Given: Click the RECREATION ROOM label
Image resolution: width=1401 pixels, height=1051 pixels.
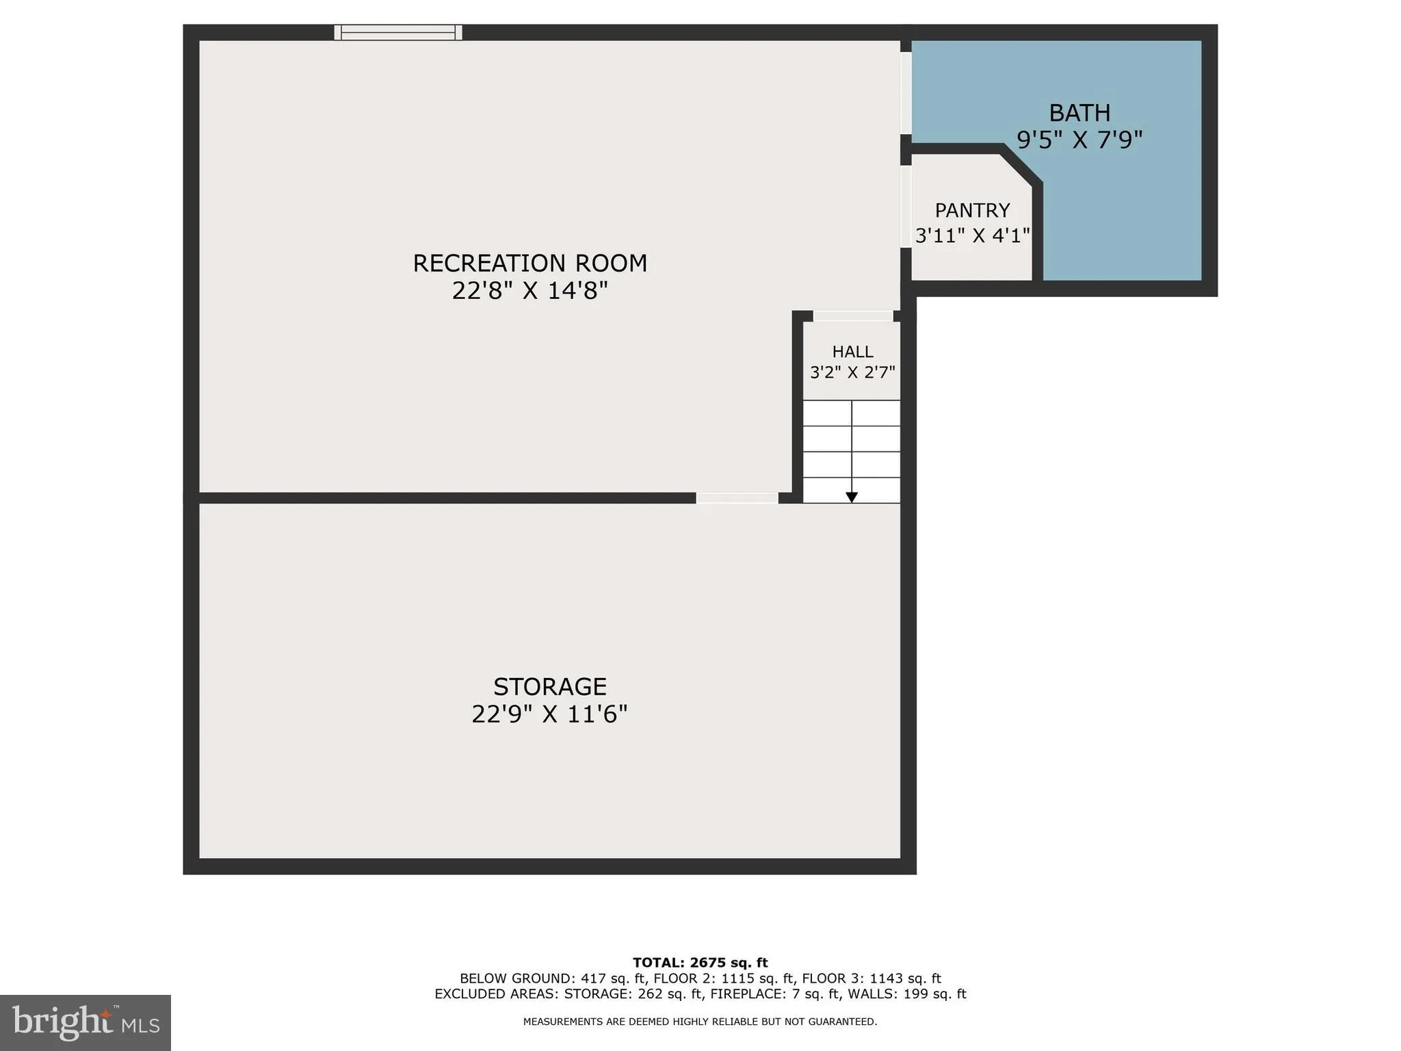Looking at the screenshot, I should pos(529,263).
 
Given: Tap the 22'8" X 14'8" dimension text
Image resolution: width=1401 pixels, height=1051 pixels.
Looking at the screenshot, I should pos(529,291).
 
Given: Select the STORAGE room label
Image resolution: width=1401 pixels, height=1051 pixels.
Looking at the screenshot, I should pos(550,686).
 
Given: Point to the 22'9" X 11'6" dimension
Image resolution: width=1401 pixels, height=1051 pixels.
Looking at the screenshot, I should pos(550,714).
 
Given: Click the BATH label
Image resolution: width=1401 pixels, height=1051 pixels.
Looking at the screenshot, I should pos(1079,113).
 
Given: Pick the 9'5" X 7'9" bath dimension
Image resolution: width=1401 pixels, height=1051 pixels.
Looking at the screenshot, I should pos(1079,140).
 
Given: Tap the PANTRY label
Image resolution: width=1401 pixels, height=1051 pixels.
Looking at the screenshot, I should pos(972,210).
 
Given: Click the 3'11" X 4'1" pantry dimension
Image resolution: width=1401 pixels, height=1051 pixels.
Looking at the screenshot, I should pos(972,236).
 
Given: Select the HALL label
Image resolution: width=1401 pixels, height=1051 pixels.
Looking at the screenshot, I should pos(852,352).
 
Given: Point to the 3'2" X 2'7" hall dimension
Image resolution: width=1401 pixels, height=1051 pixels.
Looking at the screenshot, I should pos(852,373).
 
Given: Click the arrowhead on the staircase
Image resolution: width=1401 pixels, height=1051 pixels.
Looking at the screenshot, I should pos(852,497).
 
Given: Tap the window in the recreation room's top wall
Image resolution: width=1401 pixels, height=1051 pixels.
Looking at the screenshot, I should pos(398,32).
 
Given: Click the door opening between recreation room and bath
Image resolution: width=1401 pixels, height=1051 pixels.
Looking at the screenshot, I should pos(906,93).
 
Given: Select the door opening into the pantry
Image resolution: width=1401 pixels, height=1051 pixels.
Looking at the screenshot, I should pos(906,207).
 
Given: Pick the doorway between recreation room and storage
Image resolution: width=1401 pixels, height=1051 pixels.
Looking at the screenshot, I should pos(737,498).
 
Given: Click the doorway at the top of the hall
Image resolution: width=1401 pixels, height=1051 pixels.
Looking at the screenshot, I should pos(853,316).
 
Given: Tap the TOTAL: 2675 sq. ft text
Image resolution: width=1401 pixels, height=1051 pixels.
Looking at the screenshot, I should pos(700,963).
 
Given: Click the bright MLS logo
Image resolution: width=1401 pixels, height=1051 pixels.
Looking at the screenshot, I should pos(86,1022).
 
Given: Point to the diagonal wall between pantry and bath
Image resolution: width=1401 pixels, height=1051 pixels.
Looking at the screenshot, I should pos(1021,165).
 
